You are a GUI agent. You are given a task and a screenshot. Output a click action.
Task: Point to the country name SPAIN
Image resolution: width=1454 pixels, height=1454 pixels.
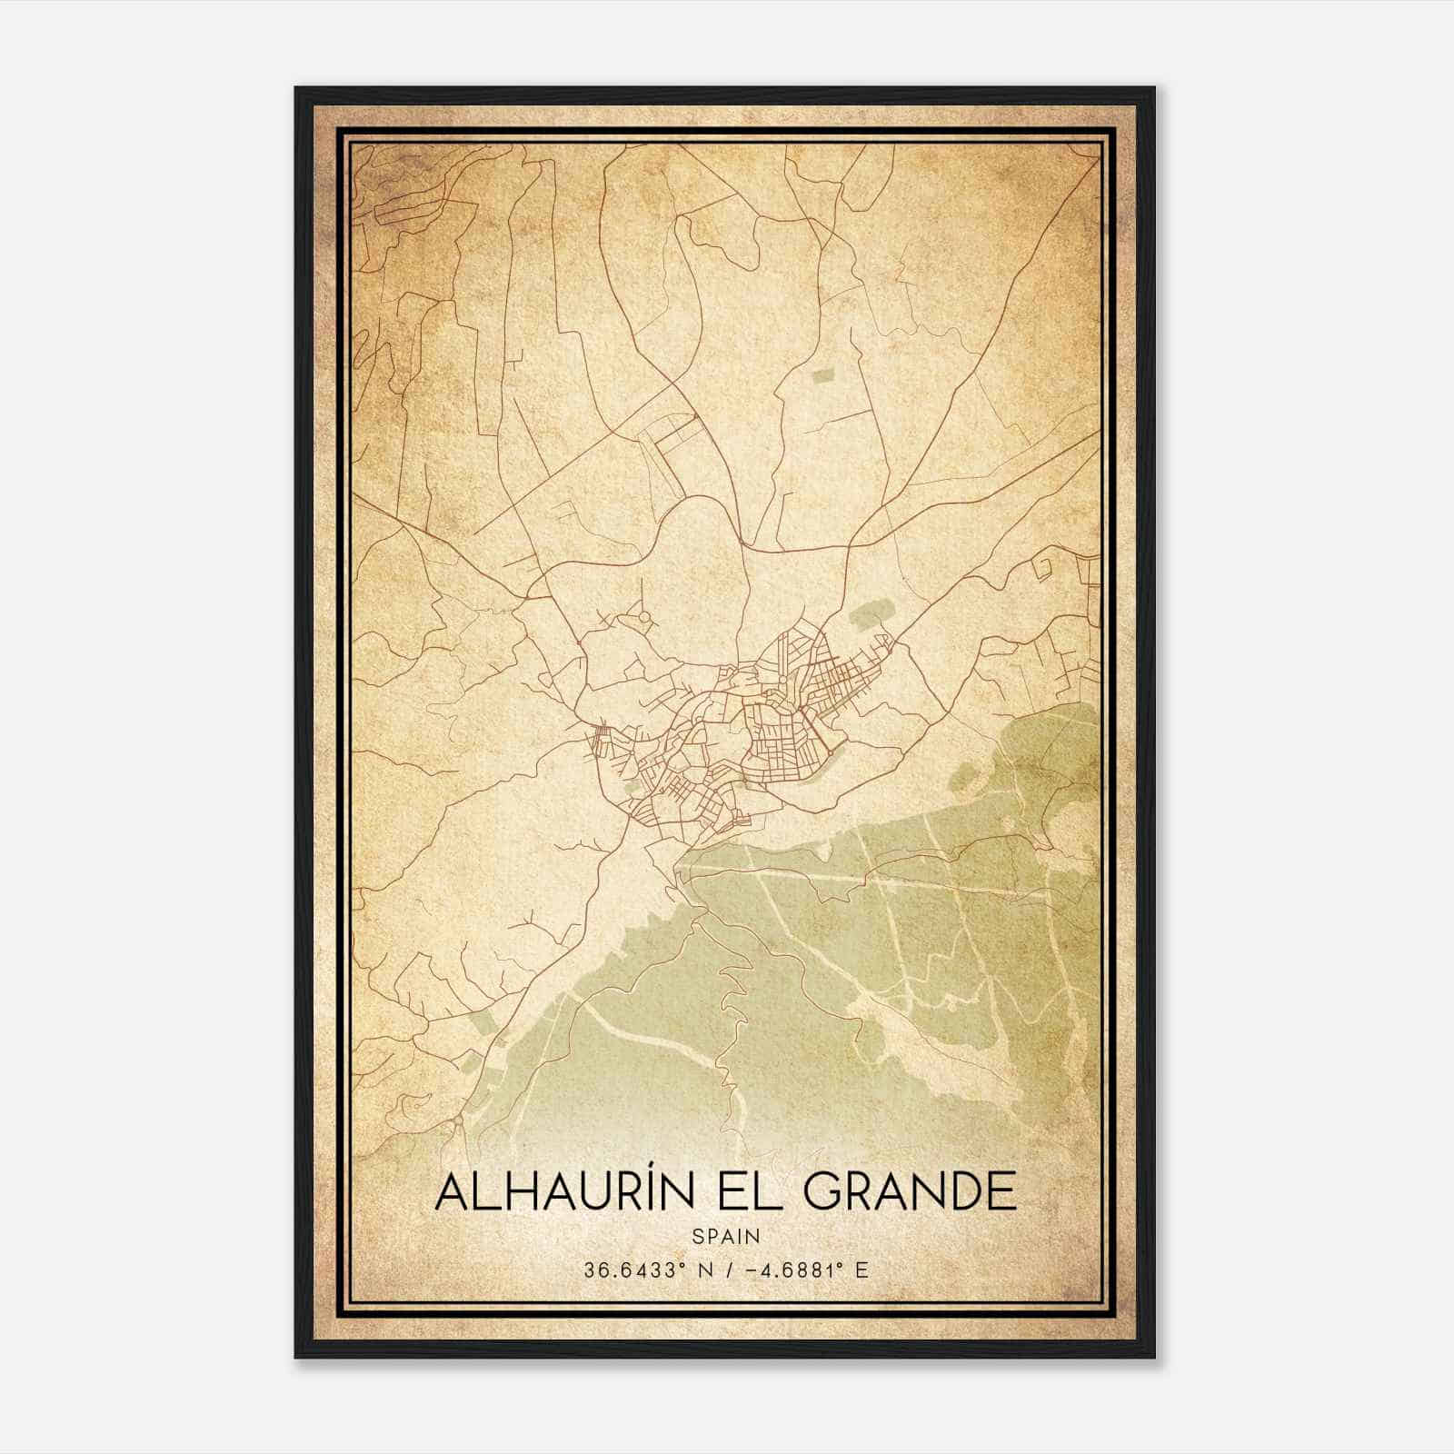tap(725, 1236)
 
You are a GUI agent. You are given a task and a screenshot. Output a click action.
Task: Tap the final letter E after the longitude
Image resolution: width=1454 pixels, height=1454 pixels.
tap(862, 1270)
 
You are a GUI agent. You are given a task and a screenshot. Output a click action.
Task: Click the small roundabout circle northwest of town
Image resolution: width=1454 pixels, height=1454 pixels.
tap(644, 618)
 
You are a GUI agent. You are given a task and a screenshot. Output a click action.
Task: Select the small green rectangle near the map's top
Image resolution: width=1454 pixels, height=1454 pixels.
tap(823, 374)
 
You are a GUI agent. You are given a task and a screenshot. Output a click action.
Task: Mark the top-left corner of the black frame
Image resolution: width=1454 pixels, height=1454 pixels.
tap(296, 88)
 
